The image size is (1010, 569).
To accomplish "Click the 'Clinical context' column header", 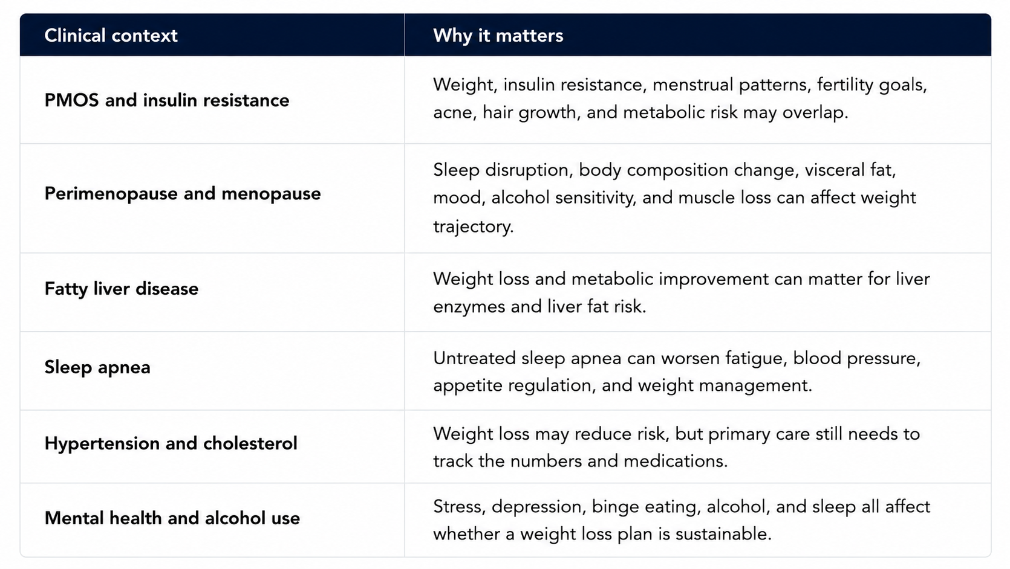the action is pyautogui.click(x=111, y=36).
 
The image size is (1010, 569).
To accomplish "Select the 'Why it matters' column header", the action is pyautogui.click(x=498, y=36).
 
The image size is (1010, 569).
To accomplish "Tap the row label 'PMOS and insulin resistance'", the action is pyautogui.click(x=167, y=100).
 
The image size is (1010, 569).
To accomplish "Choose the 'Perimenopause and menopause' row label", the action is pyautogui.click(x=183, y=194).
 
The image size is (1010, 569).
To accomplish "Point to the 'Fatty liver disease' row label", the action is pyautogui.click(x=122, y=289).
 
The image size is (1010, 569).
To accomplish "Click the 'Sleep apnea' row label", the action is pyautogui.click(x=97, y=367).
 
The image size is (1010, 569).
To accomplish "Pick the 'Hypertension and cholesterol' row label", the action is pyautogui.click(x=171, y=443).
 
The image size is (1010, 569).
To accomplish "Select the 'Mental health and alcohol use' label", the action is pyautogui.click(x=172, y=518).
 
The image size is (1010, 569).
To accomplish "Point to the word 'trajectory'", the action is pyautogui.click(x=474, y=226).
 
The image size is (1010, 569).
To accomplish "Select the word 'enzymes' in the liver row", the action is pyautogui.click(x=469, y=307).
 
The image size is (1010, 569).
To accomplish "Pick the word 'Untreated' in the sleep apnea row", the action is pyautogui.click(x=474, y=358).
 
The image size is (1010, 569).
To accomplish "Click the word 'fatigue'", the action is pyautogui.click(x=756, y=359).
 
